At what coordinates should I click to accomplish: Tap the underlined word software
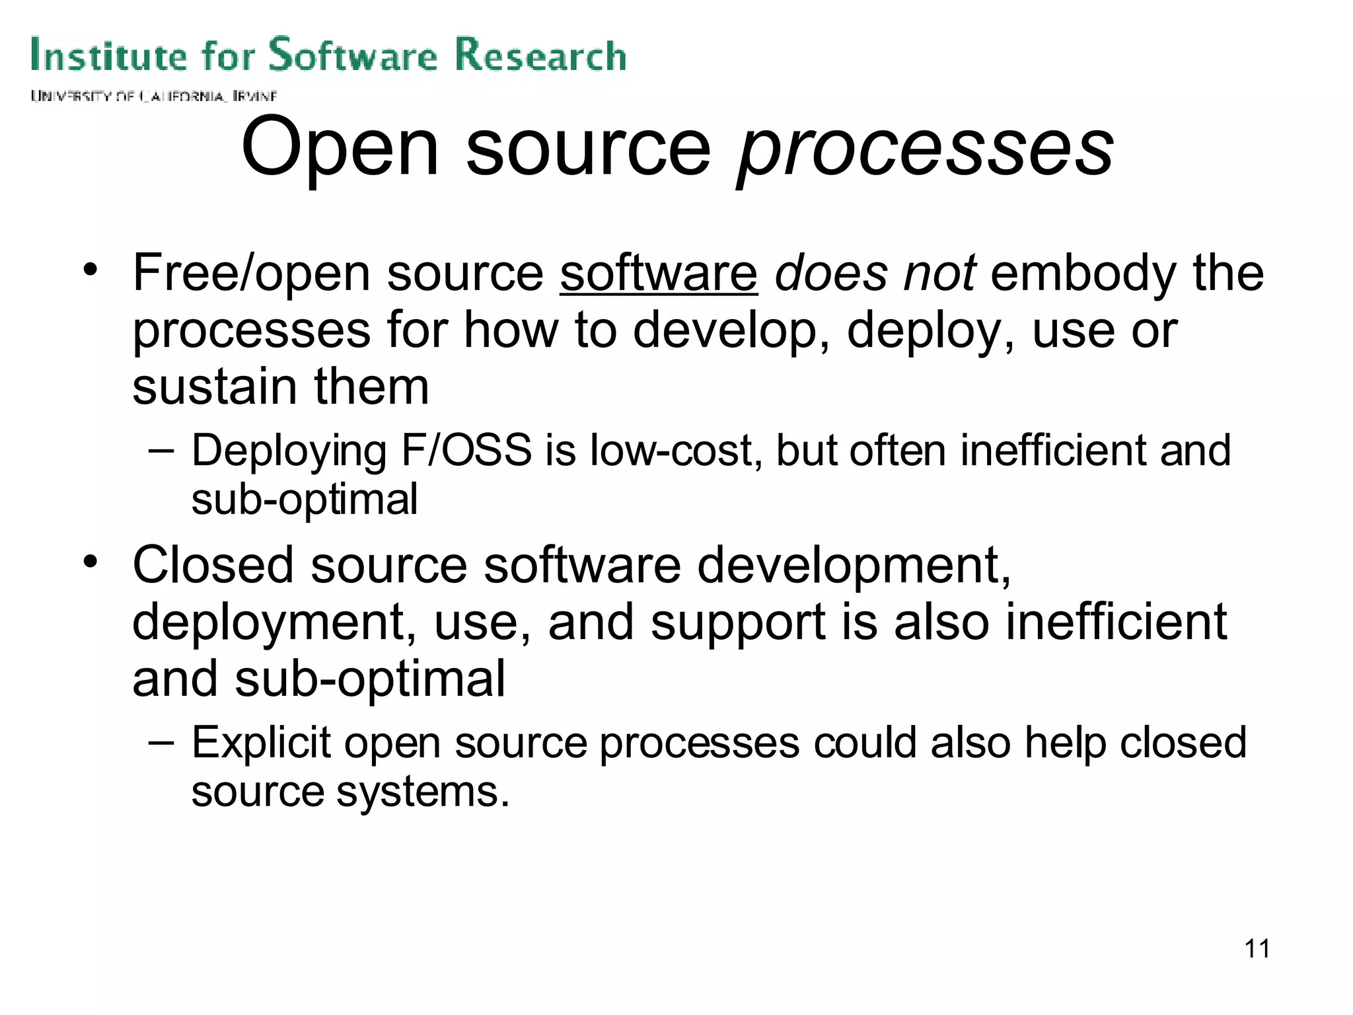(x=658, y=274)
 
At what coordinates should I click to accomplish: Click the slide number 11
(x=1257, y=949)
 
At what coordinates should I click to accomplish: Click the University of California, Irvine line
(x=153, y=96)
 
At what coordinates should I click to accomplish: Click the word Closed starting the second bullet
(x=213, y=566)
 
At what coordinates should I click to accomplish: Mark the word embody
(x=1083, y=274)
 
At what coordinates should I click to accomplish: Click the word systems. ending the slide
(x=423, y=793)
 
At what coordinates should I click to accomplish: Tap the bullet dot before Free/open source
(x=91, y=270)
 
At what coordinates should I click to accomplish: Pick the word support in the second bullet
(x=737, y=624)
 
